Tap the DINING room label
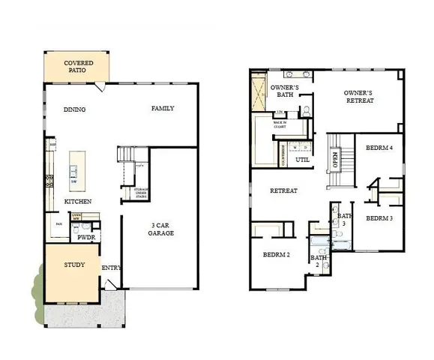click(74, 109)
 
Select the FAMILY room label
click(163, 109)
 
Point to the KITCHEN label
click(78, 202)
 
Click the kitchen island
click(76, 168)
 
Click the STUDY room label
click(73, 265)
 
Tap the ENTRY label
click(112, 268)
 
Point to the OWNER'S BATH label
click(289, 91)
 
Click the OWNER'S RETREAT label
click(359, 97)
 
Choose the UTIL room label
click(303, 160)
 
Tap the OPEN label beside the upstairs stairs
click(335, 160)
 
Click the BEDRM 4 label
click(379, 148)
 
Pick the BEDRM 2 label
click(277, 255)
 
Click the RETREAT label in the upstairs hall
click(283, 190)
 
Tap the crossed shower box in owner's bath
click(259, 91)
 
